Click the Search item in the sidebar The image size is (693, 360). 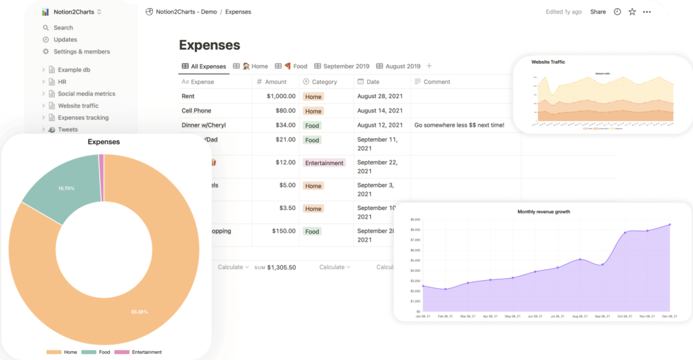(63, 28)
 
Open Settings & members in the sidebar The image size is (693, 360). (81, 51)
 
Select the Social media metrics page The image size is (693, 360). (86, 94)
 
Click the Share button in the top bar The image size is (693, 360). (598, 12)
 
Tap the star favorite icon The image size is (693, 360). (632, 12)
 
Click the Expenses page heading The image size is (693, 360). (209, 45)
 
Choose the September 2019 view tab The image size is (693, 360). (346, 66)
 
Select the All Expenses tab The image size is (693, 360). (208, 66)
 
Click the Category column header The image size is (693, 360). (324, 82)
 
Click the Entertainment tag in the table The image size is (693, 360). (324, 163)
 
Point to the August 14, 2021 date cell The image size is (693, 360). (380, 111)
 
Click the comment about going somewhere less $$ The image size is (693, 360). (459, 125)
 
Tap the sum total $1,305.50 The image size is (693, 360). (281, 267)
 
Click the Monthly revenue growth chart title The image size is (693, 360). (543, 212)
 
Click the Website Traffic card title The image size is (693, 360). (548, 62)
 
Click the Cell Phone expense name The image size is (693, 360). (196, 111)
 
